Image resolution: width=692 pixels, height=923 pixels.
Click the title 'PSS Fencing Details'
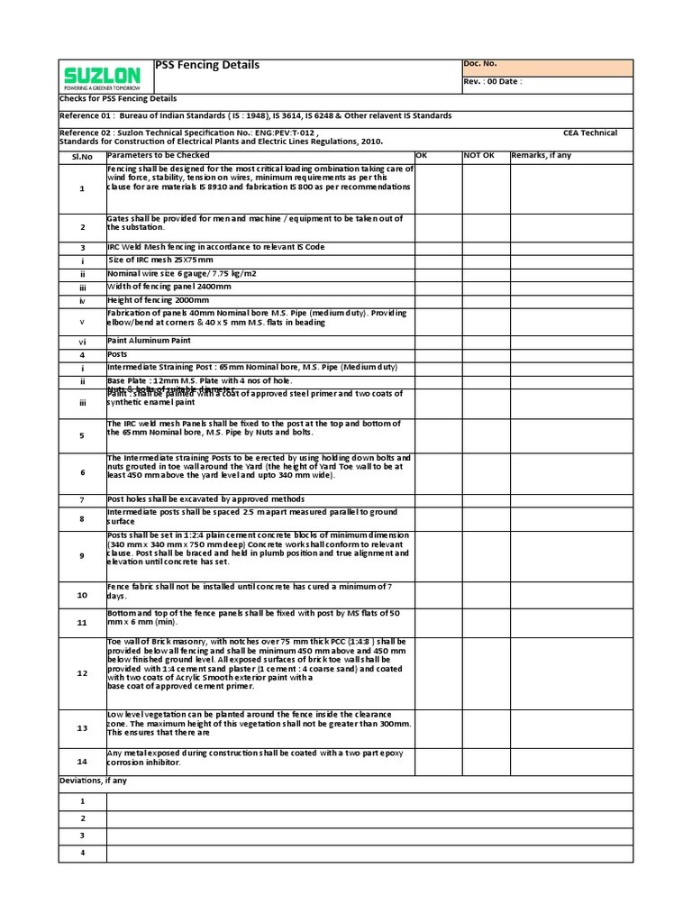tap(207, 65)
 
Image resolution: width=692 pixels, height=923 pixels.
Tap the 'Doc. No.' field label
tap(479, 64)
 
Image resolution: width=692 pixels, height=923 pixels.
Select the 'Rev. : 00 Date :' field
tap(492, 81)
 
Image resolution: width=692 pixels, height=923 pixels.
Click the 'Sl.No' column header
tap(82, 156)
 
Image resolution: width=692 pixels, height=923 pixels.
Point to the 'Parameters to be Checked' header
tap(158, 156)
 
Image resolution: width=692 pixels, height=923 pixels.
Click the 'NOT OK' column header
tap(479, 156)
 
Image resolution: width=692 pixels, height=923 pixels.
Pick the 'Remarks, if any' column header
tap(541, 156)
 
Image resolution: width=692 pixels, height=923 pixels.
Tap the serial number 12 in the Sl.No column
tap(82, 673)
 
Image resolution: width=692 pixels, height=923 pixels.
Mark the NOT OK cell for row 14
tap(485, 762)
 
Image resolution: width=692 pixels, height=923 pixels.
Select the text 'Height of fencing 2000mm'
tap(158, 299)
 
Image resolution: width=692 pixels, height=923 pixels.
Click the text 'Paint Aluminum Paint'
tap(149, 342)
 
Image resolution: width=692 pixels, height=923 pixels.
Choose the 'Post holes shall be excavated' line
tap(205, 499)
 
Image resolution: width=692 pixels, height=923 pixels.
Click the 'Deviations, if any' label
tap(94, 781)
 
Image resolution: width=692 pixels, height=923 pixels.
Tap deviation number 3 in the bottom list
tap(82, 836)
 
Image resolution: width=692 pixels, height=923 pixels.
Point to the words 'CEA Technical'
tap(590, 133)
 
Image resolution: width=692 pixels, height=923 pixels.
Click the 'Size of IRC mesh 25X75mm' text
tap(159, 260)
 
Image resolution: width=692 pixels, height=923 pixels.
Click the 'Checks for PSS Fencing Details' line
tap(118, 98)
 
